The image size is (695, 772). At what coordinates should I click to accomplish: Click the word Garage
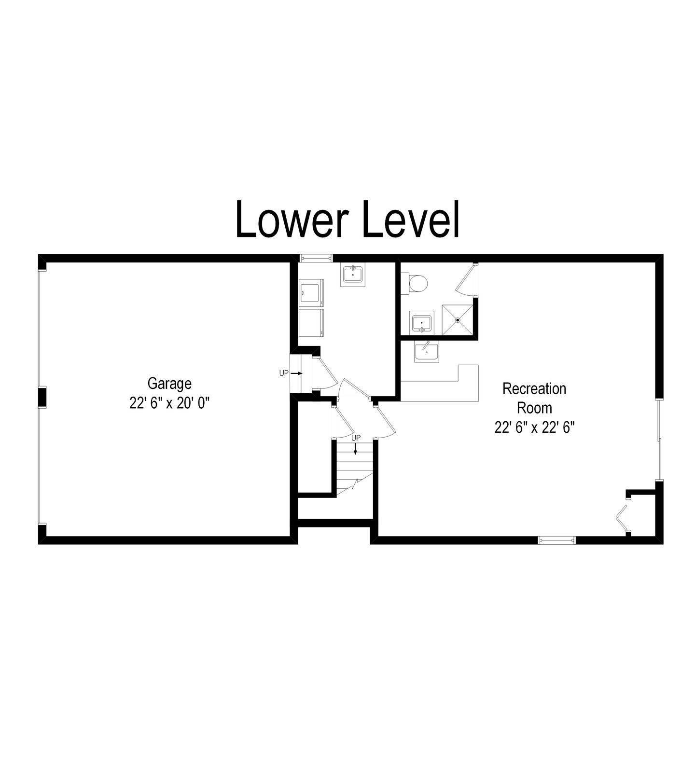coord(169,384)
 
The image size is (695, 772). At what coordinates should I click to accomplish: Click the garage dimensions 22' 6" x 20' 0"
coord(169,403)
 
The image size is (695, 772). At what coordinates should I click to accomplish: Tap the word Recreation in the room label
coord(534,388)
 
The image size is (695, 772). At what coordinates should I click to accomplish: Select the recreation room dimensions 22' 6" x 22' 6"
coord(534,427)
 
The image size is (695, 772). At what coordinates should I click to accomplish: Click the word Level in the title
coord(411,220)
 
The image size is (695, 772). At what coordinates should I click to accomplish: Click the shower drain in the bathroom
coord(458,319)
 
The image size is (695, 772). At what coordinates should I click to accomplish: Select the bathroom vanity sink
coord(422,323)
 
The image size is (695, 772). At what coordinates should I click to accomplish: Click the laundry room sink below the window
coord(353,275)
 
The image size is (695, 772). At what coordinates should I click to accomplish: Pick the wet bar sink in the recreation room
coord(427,352)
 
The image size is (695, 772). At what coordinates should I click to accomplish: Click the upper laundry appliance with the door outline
coord(311,293)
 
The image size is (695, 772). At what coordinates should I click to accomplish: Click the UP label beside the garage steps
coord(284,373)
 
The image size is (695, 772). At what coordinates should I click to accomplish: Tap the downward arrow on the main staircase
coord(356,449)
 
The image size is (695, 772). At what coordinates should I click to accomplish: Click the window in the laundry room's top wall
coord(316,259)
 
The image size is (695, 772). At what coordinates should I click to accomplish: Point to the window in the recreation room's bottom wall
coord(557,540)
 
